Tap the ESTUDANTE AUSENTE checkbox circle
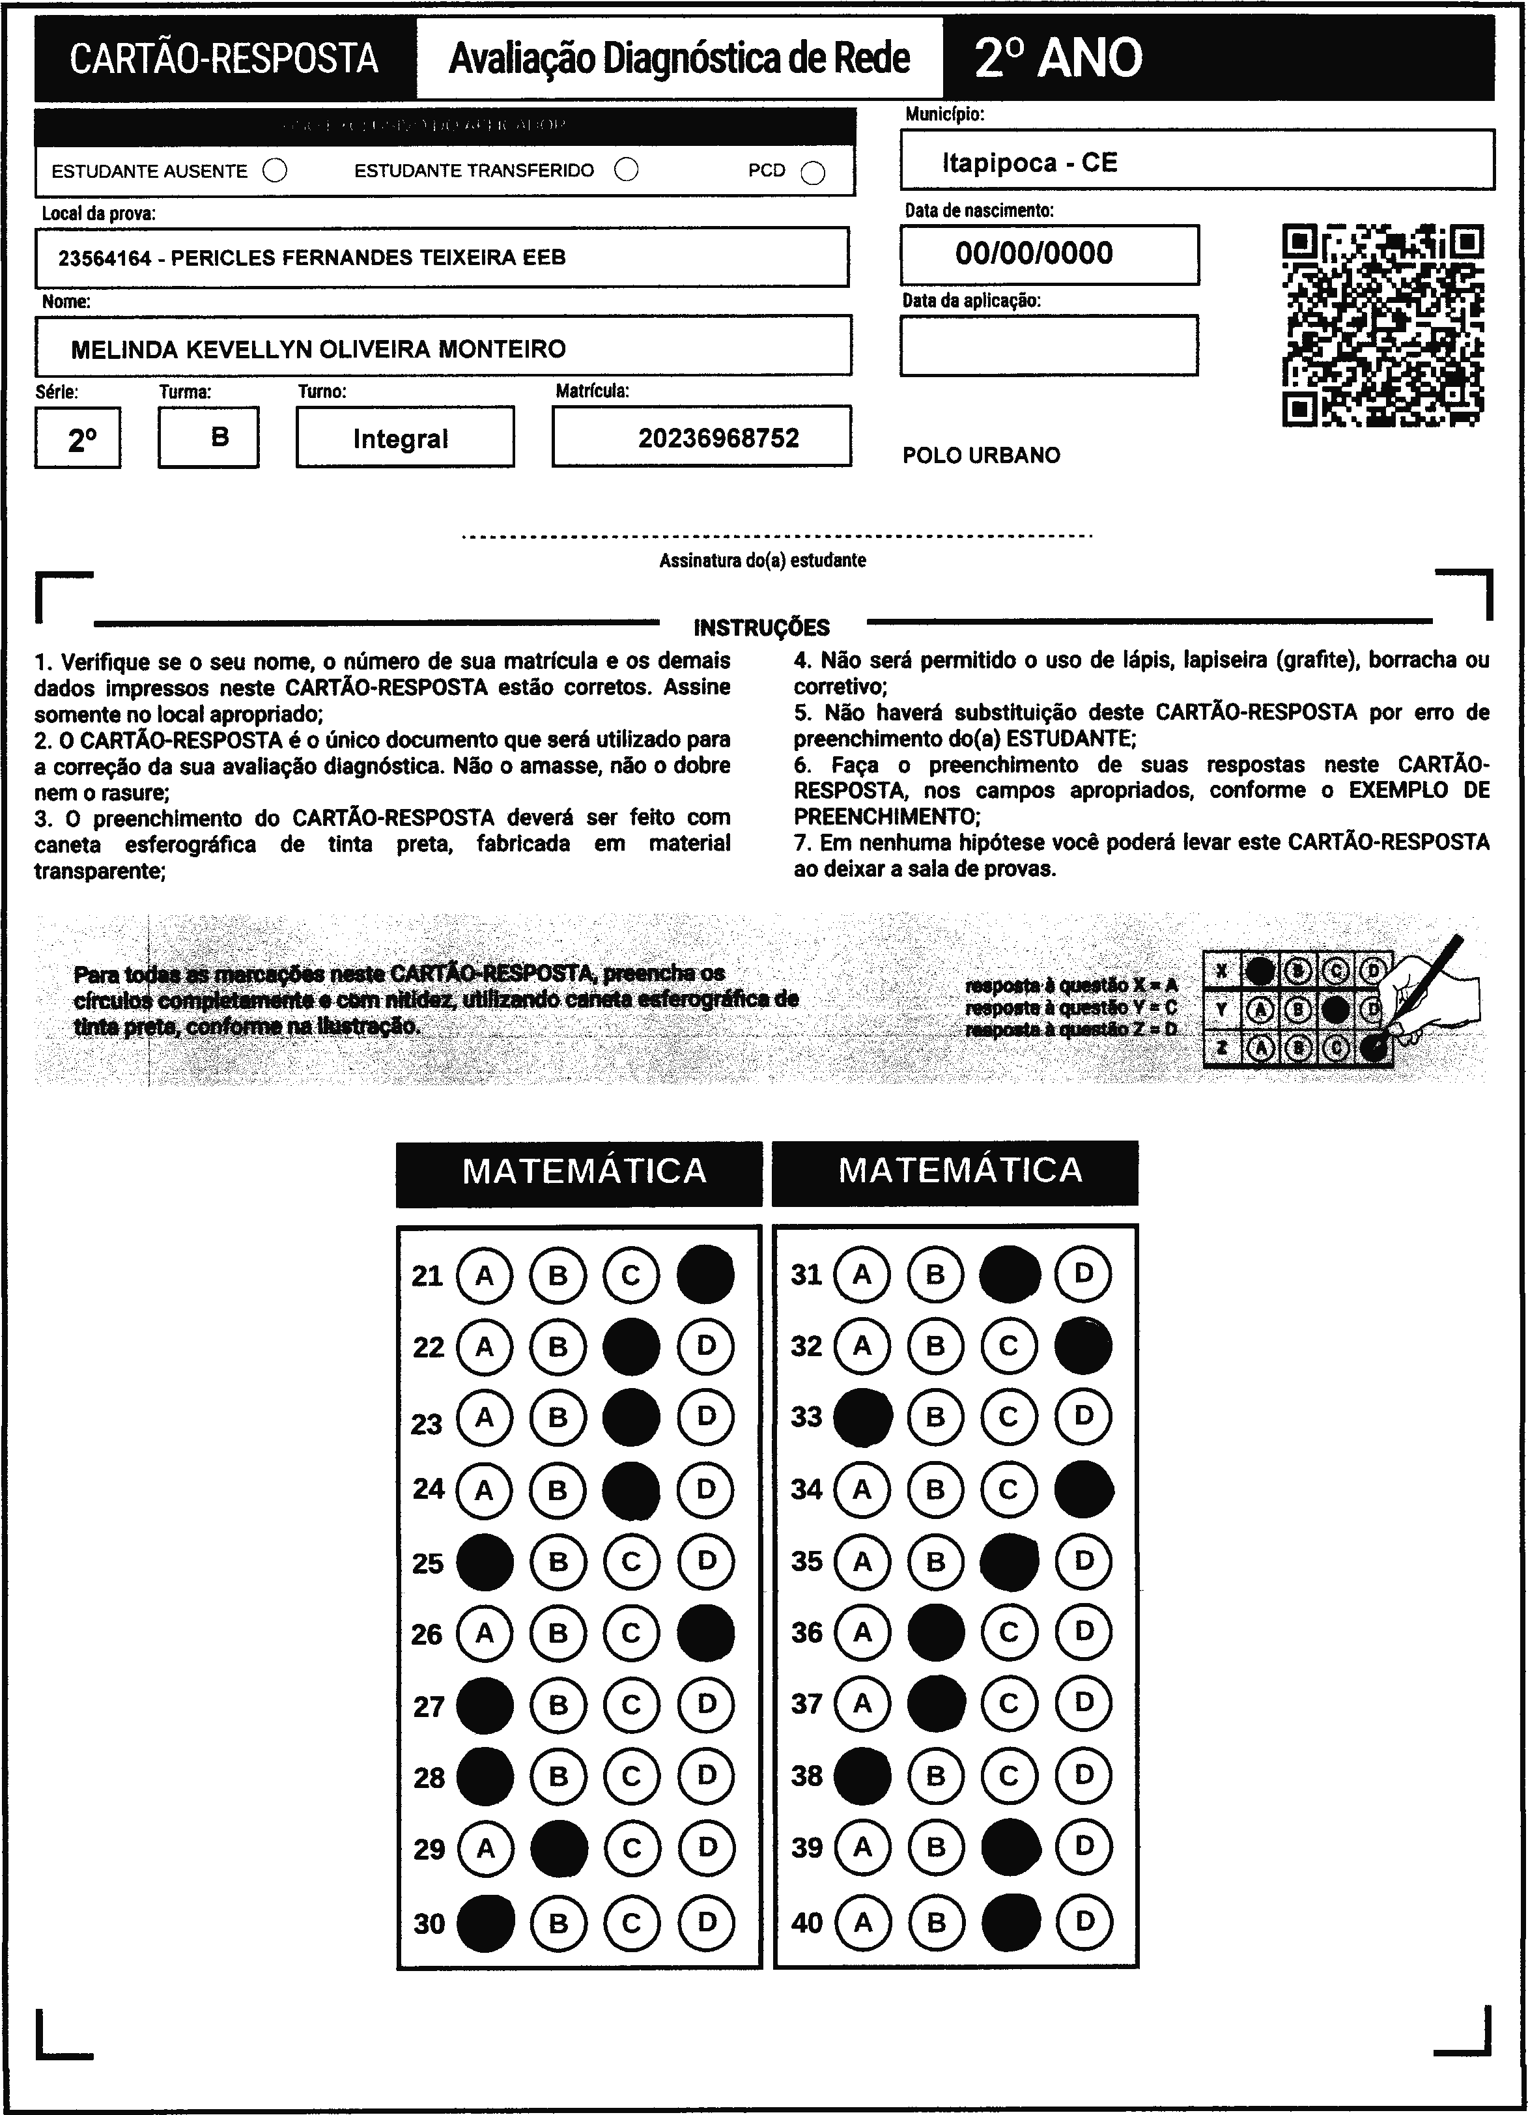click(x=275, y=171)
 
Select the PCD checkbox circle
click(x=813, y=173)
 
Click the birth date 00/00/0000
click(x=1034, y=253)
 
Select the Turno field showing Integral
click(x=401, y=438)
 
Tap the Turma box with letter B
click(x=219, y=436)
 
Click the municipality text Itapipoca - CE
click(x=1029, y=163)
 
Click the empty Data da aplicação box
click(x=1049, y=346)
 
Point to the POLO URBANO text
click(x=981, y=456)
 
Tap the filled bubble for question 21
click(x=705, y=1275)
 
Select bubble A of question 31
click(x=862, y=1274)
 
